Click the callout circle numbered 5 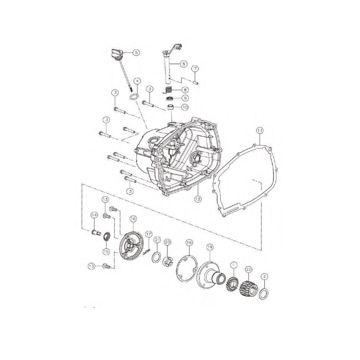point(136,52)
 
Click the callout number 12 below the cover point(198,199)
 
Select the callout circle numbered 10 point(184,107)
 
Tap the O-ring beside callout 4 point(134,97)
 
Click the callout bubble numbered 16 point(133,219)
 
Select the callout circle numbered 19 point(209,247)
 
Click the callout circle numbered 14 point(94,215)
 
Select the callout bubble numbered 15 point(106,252)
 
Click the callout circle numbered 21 point(157,240)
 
